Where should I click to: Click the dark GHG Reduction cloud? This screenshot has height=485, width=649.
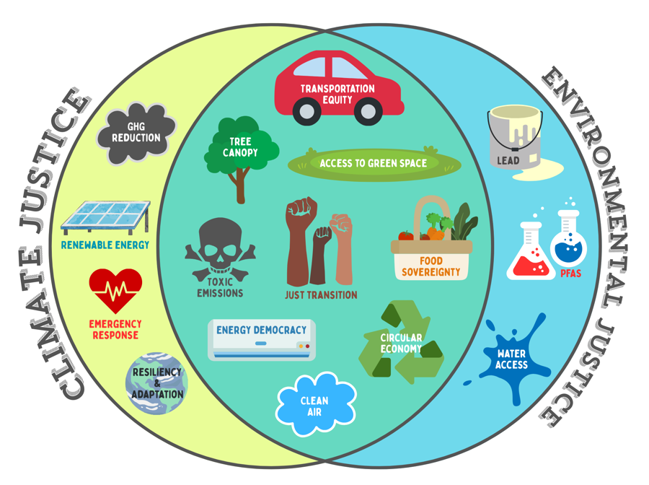pos(136,134)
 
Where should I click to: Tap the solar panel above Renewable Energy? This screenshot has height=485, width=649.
pos(105,217)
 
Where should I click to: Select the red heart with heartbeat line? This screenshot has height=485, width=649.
pos(115,290)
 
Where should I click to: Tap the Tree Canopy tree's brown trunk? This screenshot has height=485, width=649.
pos(240,185)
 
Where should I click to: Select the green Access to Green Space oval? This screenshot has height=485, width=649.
pos(374,164)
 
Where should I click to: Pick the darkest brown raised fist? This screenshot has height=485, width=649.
pos(299,242)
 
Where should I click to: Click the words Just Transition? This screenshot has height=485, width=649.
pos(321,294)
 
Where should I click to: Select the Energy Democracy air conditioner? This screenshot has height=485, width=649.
pos(262,339)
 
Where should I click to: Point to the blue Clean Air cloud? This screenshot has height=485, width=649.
pos(315,405)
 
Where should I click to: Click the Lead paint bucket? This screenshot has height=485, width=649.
pos(514,137)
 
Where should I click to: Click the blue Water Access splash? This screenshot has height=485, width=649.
pos(512,359)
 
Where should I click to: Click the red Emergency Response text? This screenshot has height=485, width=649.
pos(115,330)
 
